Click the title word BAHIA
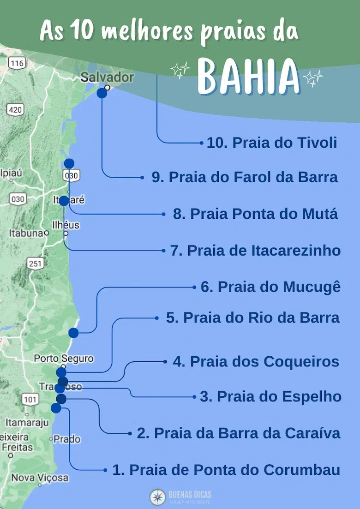pos(249,77)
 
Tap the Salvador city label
pos(107,77)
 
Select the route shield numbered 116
pos(17,64)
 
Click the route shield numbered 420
pos(15,109)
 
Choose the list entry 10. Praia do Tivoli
pos(271,143)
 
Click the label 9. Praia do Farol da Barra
pos(245,177)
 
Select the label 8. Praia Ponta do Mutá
pos(255,214)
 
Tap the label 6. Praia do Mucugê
pos(270,287)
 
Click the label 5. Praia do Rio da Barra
pos(252,317)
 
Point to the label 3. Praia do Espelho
pos(270,396)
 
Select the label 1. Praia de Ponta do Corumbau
pos(226,470)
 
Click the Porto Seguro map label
pos(64,359)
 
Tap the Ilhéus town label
pos(66,226)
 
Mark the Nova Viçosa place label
pos(40,478)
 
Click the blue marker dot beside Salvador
pos(102,93)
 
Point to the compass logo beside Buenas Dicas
pos(157,497)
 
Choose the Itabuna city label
pos(26,233)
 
